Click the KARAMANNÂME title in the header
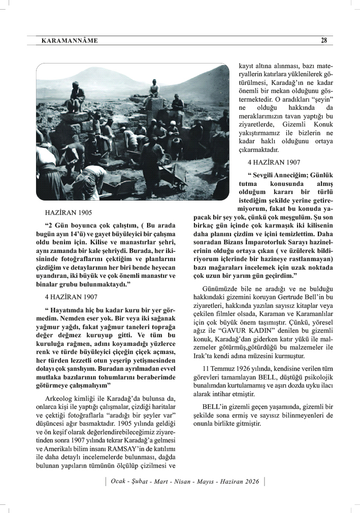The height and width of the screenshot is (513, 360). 70,41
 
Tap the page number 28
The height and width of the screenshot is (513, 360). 323,41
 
